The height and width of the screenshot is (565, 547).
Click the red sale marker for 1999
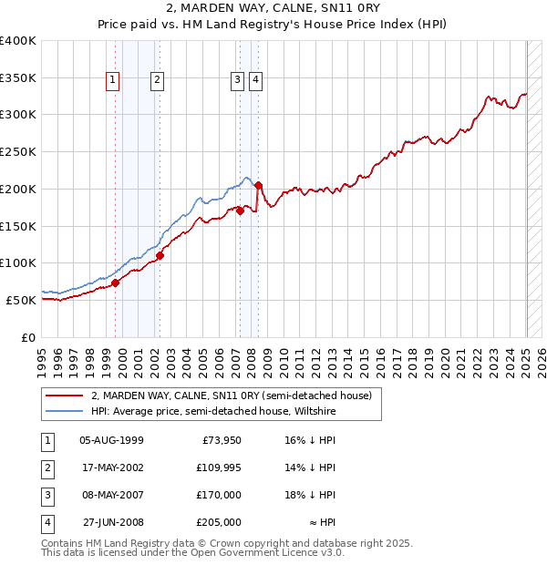116,282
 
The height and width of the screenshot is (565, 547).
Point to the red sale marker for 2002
160,256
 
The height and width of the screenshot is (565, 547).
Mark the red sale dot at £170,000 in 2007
240,211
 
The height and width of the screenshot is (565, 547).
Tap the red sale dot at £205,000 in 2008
259,185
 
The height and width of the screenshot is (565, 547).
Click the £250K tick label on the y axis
18,151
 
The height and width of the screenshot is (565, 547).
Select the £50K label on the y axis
22,300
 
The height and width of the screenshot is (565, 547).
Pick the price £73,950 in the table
220,440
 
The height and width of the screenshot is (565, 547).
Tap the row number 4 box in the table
47,523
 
